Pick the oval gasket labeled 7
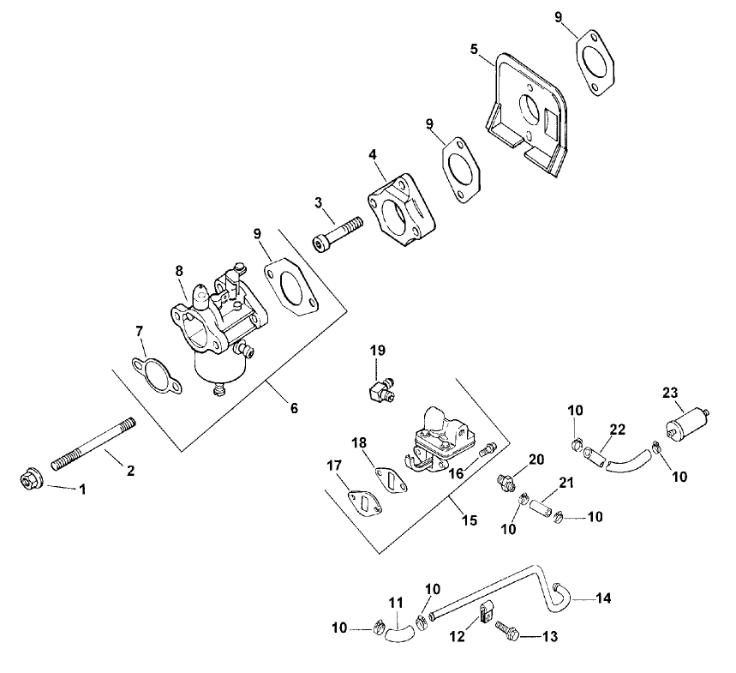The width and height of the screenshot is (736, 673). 158,377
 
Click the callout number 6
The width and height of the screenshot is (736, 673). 294,408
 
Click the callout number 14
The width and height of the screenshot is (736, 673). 603,598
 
